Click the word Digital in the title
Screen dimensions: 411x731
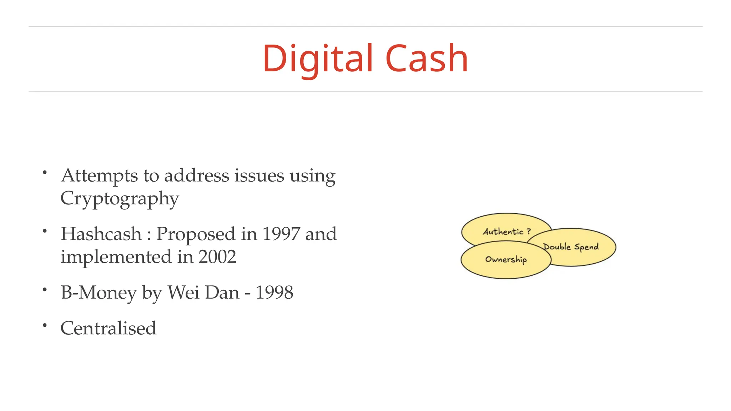tap(318, 59)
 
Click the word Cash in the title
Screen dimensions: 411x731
tap(427, 59)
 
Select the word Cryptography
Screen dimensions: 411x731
tap(120, 199)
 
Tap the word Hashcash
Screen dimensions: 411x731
tap(101, 234)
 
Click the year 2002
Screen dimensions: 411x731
tap(217, 257)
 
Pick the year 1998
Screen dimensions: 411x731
tap(274, 293)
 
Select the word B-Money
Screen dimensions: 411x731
tap(99, 293)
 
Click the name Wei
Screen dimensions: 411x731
tap(183, 293)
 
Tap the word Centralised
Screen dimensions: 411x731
tap(109, 328)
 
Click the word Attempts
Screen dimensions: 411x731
tap(99, 176)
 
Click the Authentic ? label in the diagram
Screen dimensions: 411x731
tap(506, 232)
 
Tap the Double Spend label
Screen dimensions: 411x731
tap(571, 247)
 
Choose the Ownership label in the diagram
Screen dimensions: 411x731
tap(506, 259)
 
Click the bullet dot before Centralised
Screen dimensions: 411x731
tap(45, 325)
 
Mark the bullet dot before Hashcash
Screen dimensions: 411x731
tap(45, 231)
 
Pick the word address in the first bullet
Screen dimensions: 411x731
tap(197, 176)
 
